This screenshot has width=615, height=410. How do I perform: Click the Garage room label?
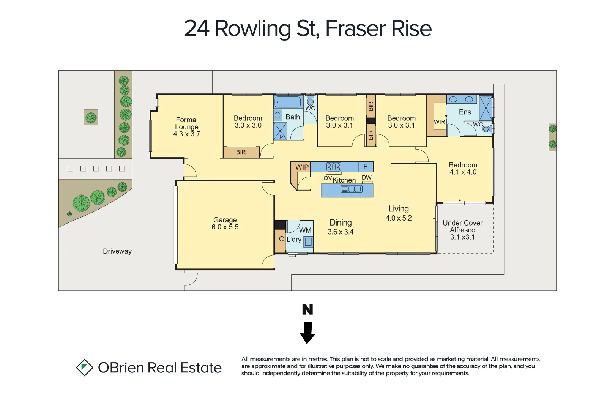click(225, 220)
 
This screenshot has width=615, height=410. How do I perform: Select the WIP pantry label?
click(302, 167)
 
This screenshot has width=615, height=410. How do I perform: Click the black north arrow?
click(307, 333)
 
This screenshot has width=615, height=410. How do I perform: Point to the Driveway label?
click(117, 251)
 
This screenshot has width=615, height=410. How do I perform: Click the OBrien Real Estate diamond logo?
click(84, 367)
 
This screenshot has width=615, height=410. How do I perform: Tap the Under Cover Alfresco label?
click(462, 226)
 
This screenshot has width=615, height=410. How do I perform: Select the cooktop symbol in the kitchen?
click(334, 167)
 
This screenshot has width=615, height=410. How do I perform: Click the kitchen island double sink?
click(352, 189)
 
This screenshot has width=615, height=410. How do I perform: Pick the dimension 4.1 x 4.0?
click(463, 172)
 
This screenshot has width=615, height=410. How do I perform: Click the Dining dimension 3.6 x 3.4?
click(341, 232)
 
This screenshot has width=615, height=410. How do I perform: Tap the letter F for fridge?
click(365, 166)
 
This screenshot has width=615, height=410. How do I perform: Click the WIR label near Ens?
click(439, 122)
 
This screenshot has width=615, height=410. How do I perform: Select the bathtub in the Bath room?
click(288, 102)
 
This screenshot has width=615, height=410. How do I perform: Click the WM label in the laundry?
click(305, 230)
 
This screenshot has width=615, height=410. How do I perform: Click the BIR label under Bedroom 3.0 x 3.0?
click(241, 152)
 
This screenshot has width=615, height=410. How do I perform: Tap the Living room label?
click(399, 209)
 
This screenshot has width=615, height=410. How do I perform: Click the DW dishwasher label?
click(366, 177)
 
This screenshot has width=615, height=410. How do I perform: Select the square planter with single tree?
click(91, 117)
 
